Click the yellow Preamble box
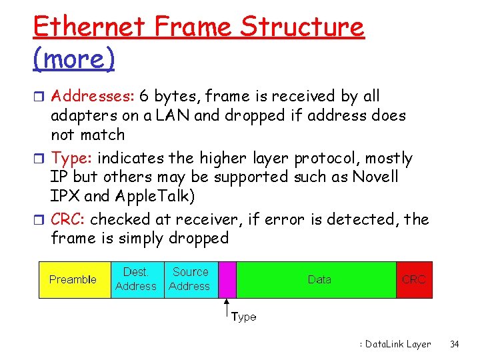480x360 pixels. (73, 279)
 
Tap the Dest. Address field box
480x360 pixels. (136, 279)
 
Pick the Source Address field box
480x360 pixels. (190, 279)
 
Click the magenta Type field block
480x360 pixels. (227, 279)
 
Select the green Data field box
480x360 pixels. (319, 279)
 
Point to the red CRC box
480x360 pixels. (413, 279)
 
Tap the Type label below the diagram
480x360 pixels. (243, 317)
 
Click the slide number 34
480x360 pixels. (455, 345)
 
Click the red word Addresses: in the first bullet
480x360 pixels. (92, 97)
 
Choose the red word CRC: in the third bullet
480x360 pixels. (69, 219)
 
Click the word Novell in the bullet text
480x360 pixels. (373, 177)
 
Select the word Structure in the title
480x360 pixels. (302, 27)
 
